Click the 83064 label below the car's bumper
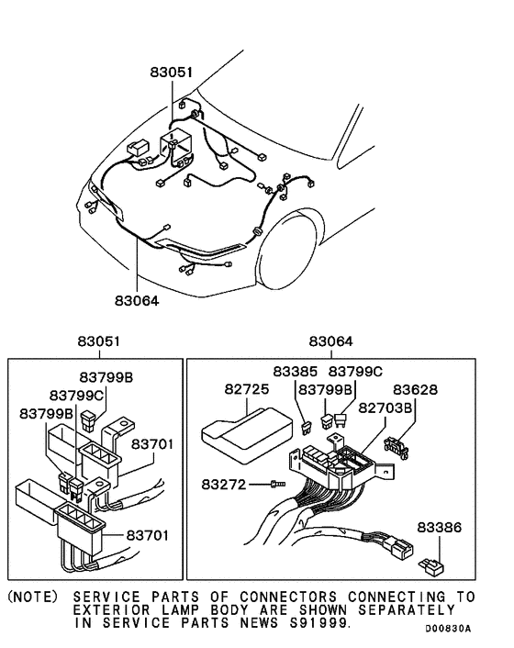tap(137, 297)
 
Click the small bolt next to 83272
tap(276, 483)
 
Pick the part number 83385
tap(296, 372)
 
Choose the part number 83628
tap(419, 391)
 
